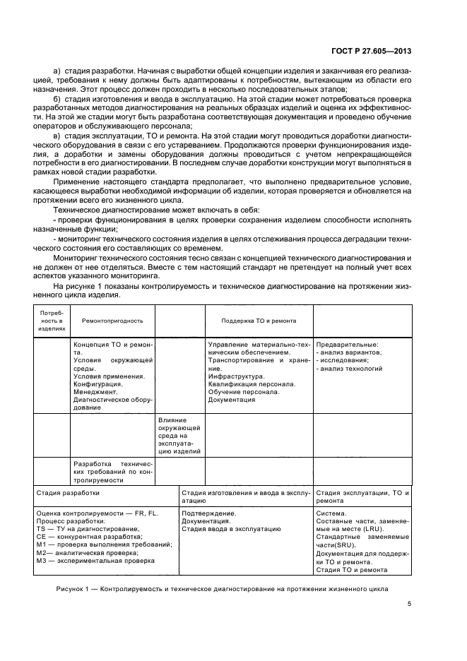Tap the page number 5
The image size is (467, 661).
click(x=409, y=603)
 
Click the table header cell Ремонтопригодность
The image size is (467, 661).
click(x=108, y=320)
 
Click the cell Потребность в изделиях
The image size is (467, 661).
click(x=52, y=320)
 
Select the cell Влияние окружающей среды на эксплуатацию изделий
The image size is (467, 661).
click(x=179, y=434)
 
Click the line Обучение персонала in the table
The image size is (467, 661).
click(x=244, y=392)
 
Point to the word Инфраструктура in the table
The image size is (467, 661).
click(x=236, y=376)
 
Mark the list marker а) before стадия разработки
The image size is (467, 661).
click(x=57, y=71)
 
